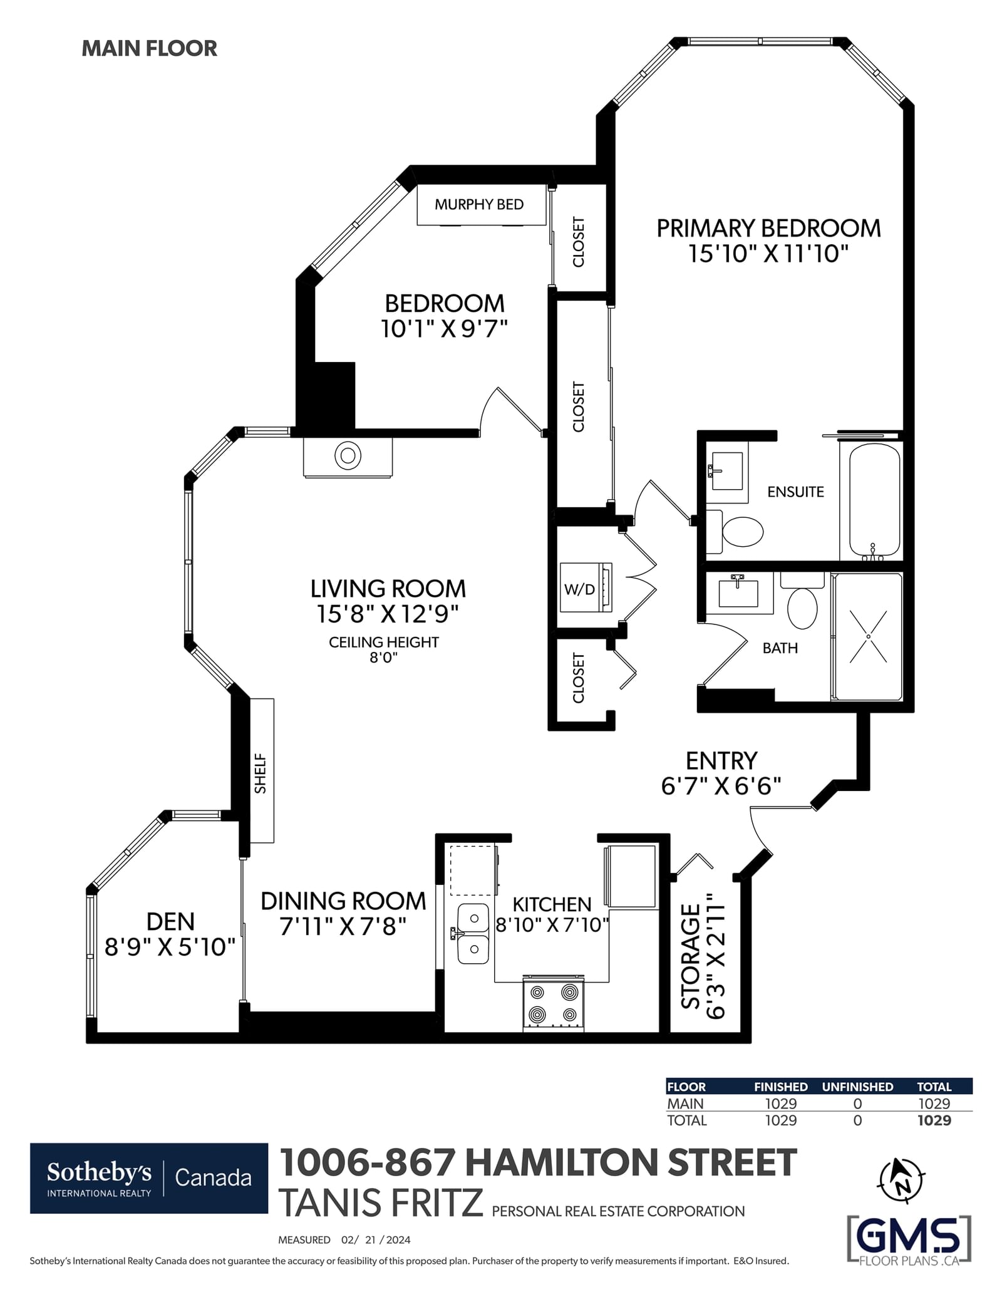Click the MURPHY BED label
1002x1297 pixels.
[x=479, y=204]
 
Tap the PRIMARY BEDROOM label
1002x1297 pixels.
[x=768, y=228]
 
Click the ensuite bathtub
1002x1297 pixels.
[x=874, y=500]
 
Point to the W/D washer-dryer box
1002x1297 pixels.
[x=585, y=587]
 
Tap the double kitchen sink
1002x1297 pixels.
[x=473, y=934]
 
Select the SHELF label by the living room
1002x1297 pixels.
[x=261, y=773]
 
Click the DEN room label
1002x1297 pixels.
[x=170, y=921]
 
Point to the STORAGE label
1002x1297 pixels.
[x=691, y=956]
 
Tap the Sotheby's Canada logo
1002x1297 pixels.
[x=149, y=1179]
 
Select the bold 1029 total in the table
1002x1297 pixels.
[x=934, y=1120]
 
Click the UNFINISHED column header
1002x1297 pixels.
[x=857, y=1087]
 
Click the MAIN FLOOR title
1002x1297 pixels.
[x=149, y=48]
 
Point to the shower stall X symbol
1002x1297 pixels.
[x=868, y=636]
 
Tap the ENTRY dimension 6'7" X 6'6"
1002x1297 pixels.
[x=721, y=785]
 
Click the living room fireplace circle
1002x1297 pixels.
[x=348, y=455]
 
